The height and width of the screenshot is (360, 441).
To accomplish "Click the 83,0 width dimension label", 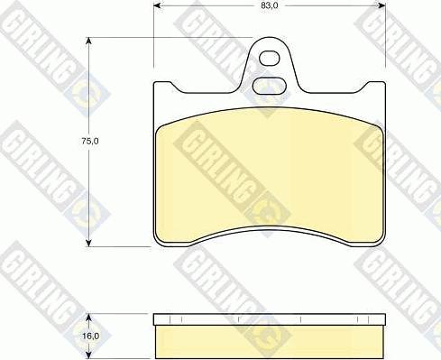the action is (269, 5).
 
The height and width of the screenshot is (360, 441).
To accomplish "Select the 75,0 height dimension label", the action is (90, 141).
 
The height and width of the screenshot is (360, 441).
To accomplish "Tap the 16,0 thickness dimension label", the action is (90, 336).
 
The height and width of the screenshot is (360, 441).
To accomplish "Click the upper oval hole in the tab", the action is (270, 59).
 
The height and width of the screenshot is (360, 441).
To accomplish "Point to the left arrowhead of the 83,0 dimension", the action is (158, 5).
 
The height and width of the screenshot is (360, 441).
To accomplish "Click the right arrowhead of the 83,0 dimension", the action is (381, 5).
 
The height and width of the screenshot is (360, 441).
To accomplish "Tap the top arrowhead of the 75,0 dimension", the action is (88, 42).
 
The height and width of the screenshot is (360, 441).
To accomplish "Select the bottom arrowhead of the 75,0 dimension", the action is (88, 243).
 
